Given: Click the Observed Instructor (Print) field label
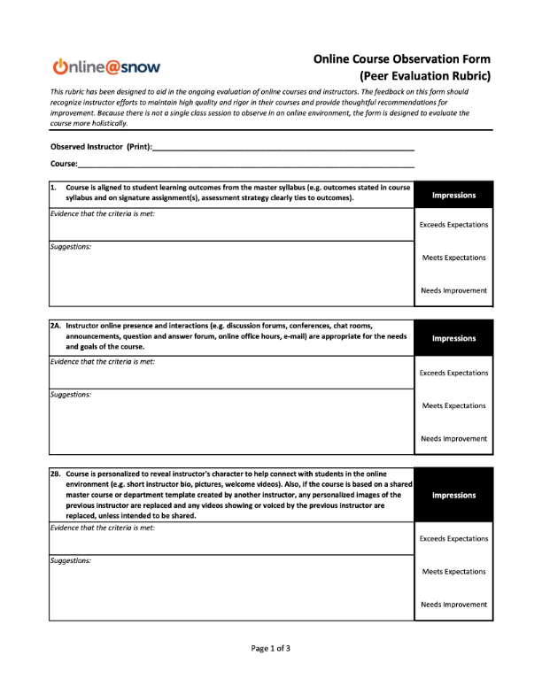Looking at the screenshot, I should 101,146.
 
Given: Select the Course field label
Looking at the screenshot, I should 64,165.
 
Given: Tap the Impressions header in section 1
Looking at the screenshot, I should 453,195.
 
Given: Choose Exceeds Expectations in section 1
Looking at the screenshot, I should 453,225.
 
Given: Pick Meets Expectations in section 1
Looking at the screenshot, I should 453,258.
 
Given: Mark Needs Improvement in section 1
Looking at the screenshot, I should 453,290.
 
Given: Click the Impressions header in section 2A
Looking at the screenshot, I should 453,338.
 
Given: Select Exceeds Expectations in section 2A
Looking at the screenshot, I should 453,373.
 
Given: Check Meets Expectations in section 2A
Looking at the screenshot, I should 453,405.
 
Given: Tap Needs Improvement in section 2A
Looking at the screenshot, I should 453,438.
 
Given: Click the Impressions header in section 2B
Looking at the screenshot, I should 453,496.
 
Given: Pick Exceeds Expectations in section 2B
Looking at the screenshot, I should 453,538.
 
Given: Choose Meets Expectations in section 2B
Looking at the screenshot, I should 453,572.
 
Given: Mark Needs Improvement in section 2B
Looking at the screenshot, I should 453,605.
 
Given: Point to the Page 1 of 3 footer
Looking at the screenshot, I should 271,649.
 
